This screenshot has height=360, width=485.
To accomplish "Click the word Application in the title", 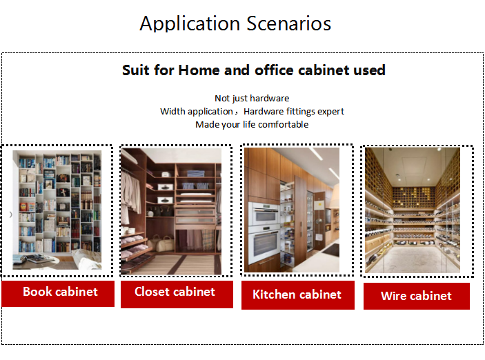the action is coord(190,24).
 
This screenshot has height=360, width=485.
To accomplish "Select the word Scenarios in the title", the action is coord(289,23).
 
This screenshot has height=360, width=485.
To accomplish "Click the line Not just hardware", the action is coord(252,99).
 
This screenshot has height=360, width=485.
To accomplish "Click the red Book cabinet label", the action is coord(58,294).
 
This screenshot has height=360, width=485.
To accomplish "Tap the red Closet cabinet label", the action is coord(177,294).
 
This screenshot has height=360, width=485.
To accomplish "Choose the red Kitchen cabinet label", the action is coord(298,295).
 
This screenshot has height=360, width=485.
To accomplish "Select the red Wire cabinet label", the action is coord(417,296).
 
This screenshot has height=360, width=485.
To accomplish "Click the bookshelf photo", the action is coord(57,210).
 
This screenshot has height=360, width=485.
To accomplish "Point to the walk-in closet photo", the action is coord(171,211).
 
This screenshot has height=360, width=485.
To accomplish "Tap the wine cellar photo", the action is coord(413,210).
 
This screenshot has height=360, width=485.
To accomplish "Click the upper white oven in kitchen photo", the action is coord(264,214).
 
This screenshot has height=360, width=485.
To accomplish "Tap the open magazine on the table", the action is coord(34,258).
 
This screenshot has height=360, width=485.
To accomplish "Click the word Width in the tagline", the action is coord(170,111).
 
